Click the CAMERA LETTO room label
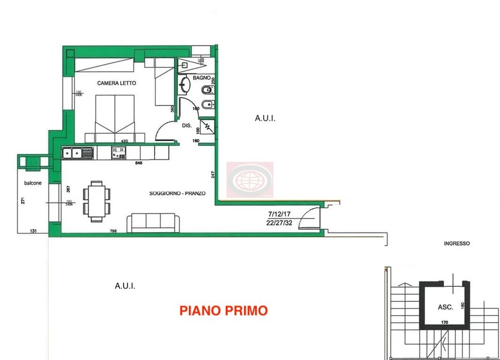(x=116, y=83)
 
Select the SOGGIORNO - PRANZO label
(x=177, y=193)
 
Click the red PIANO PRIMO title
(x=224, y=310)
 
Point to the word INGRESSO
(x=456, y=244)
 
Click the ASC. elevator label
(x=445, y=307)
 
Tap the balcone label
(x=33, y=183)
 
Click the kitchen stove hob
(x=118, y=152)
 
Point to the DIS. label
(x=186, y=126)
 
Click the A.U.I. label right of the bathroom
(x=265, y=119)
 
